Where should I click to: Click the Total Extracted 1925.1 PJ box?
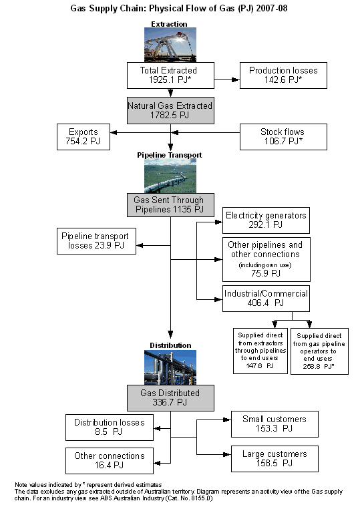tap(168, 75)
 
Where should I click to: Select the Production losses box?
tap(283, 75)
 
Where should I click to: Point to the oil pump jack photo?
tap(168, 45)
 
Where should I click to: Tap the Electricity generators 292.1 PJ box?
tap(266, 220)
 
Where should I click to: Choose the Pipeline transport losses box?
tap(97, 240)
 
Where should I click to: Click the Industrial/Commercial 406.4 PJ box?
tap(266, 298)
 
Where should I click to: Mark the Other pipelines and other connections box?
tap(266, 259)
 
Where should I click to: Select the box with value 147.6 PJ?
tap(260, 350)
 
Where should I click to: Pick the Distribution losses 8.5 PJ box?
tap(109, 428)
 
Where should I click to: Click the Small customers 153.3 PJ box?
tap(275, 424)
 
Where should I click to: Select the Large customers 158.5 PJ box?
tap(275, 458)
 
